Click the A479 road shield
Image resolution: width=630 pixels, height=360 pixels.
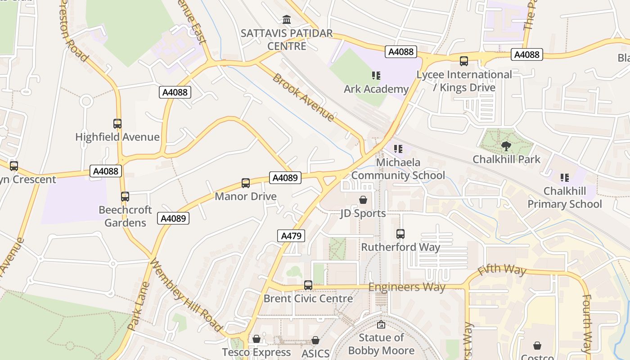pyautogui.click(x=291, y=236)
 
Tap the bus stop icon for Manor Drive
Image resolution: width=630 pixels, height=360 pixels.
pyautogui.click(x=246, y=183)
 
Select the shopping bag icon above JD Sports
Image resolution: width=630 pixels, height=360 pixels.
pyautogui.click(x=363, y=200)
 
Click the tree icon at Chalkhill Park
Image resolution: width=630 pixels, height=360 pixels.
pyautogui.click(x=506, y=146)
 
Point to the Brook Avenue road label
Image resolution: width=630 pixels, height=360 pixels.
pyautogui.click(x=303, y=97)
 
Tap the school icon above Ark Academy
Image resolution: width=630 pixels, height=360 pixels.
pyautogui.click(x=376, y=76)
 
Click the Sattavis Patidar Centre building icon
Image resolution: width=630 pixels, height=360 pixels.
pyautogui.click(x=286, y=20)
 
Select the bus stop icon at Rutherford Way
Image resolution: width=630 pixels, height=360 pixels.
pyautogui.click(x=400, y=234)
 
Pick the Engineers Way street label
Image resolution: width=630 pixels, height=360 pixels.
pyautogui.click(x=407, y=287)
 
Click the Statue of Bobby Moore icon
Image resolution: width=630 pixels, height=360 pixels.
pyautogui.click(x=381, y=324)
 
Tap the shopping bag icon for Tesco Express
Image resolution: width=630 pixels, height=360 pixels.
pyautogui.click(x=256, y=339)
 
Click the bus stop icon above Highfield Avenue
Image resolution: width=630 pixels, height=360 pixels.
pyautogui.click(x=117, y=124)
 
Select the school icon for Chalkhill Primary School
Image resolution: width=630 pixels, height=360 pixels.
pyautogui.click(x=564, y=178)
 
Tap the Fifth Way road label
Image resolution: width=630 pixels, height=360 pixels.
pyautogui.click(x=502, y=270)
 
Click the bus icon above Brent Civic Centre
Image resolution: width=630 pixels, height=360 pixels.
pyautogui.click(x=308, y=285)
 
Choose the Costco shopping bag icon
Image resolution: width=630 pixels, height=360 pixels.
pyautogui.click(x=537, y=346)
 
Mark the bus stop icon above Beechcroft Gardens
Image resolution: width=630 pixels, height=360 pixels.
pyautogui.click(x=125, y=197)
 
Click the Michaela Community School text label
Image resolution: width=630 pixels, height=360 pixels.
pyautogui.click(x=398, y=169)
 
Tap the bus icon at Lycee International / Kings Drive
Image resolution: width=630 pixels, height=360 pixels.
pyautogui.click(x=464, y=61)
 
